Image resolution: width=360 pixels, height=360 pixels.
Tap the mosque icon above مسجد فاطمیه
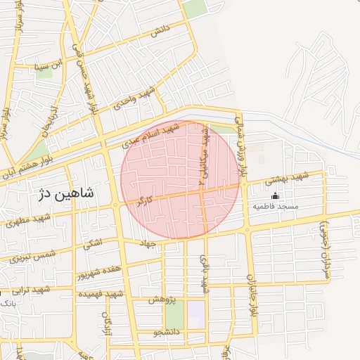tap(275, 195)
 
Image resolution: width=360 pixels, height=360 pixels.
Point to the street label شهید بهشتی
tap(288, 179)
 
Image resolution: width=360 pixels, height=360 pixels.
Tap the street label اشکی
tap(92, 244)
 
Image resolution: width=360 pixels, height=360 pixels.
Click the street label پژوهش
tap(160, 300)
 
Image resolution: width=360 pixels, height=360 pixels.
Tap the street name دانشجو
tap(165, 331)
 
